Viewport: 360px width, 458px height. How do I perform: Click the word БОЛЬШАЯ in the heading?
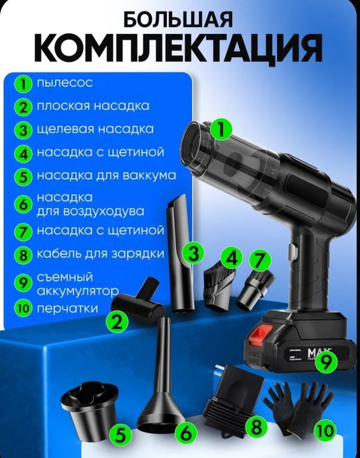tap(178, 19)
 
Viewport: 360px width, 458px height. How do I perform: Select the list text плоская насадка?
tap(92, 105)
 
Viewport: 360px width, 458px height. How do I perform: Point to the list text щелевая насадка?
tap(95, 129)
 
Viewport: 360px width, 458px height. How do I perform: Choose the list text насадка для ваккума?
tap(106, 175)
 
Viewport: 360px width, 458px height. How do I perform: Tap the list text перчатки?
tap(67, 308)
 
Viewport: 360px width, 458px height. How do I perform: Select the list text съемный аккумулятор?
tap(77, 284)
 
